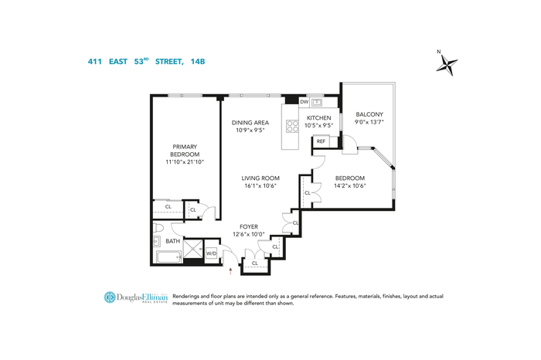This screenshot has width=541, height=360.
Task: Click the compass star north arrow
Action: [x=447, y=64]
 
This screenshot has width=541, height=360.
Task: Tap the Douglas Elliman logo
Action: [x=136, y=297]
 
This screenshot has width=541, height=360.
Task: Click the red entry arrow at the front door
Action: [x=230, y=271]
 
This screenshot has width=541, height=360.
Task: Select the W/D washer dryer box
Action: [x=211, y=254]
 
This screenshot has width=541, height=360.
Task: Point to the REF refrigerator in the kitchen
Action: [x=321, y=141]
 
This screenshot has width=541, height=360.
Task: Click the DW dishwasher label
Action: [x=304, y=102]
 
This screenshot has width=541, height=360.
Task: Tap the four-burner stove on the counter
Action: [x=292, y=126]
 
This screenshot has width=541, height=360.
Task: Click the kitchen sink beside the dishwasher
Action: [x=317, y=103]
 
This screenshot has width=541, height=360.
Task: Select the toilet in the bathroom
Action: [x=158, y=228]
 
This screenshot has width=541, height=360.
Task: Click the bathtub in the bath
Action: [x=169, y=257]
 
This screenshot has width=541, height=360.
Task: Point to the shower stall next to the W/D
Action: [x=193, y=249]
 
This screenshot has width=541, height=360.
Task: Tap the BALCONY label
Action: [x=369, y=114]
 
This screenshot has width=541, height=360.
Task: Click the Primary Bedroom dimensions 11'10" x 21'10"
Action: [x=185, y=161]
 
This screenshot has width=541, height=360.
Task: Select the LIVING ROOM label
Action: [x=260, y=178]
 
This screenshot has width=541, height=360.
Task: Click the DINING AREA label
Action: [x=250, y=122]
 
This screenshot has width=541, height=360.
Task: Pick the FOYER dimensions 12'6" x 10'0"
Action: [x=249, y=235]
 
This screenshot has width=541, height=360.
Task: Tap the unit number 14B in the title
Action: [x=198, y=62]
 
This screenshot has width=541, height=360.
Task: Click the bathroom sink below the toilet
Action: [x=157, y=241]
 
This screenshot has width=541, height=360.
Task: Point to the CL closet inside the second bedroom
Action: [x=308, y=193]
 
